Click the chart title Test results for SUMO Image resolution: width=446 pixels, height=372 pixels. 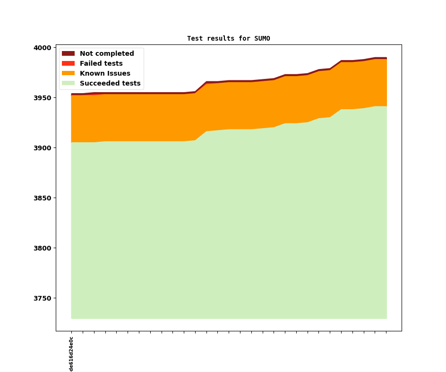click(x=228, y=39)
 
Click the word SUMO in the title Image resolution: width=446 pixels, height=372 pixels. click(x=262, y=39)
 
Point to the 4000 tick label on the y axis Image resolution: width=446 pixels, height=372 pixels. click(x=42, y=48)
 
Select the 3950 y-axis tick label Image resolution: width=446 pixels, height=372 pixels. click(x=42, y=98)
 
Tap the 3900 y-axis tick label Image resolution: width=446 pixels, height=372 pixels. click(x=42, y=148)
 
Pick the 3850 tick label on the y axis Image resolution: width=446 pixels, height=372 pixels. click(x=42, y=198)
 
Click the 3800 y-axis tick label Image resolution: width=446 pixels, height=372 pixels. click(x=42, y=248)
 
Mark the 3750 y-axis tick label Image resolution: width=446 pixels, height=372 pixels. click(x=42, y=298)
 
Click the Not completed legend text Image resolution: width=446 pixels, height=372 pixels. click(x=107, y=54)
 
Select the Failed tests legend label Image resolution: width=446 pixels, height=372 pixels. click(x=101, y=64)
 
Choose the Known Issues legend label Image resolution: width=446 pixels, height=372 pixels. click(x=105, y=74)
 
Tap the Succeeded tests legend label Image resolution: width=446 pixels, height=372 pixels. click(x=110, y=84)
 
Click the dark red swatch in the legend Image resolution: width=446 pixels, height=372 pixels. click(x=68, y=54)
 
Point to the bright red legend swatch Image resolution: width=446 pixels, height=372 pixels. click(x=68, y=64)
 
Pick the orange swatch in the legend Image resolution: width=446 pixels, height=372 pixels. click(x=68, y=74)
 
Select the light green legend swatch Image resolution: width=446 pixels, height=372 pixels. click(x=68, y=84)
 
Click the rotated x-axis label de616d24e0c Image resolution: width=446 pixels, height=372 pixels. click(x=71, y=354)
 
